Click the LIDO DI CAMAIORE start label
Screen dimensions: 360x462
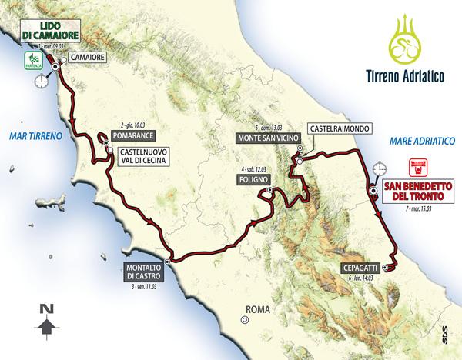(41, 34)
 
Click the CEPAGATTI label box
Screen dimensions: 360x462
(357, 268)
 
